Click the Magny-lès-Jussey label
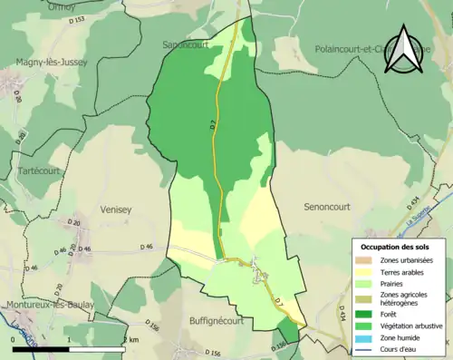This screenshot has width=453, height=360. tap(50, 63)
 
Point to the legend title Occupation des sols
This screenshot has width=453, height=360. tap(396, 247)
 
